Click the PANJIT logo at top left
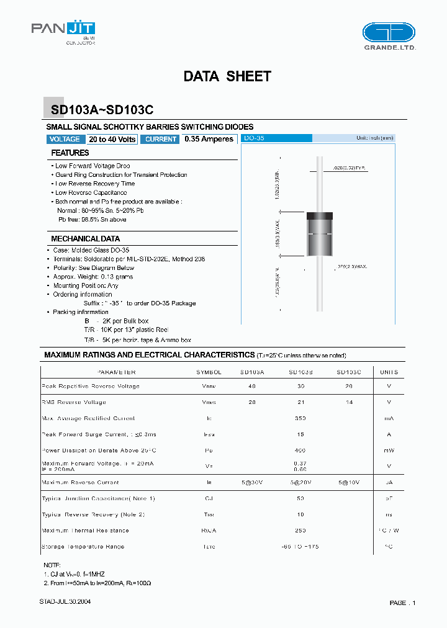tap(63, 30)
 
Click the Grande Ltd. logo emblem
tap(389, 32)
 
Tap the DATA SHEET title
tap(227, 76)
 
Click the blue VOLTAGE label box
tap(65, 140)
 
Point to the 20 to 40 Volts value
tap(112, 140)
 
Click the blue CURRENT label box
tap(161, 140)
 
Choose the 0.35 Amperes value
tap(209, 140)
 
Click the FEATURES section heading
tap(70, 153)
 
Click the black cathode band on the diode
tap(320, 216)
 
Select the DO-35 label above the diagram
tap(255, 138)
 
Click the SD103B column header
tap(300, 372)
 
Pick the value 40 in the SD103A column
tap(252, 386)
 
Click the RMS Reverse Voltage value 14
tap(349, 402)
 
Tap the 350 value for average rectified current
tap(300, 418)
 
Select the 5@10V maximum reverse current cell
tap(349, 482)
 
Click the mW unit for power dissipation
tap(389, 451)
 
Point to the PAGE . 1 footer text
tap(402, 603)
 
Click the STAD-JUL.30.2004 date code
tap(60, 602)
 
